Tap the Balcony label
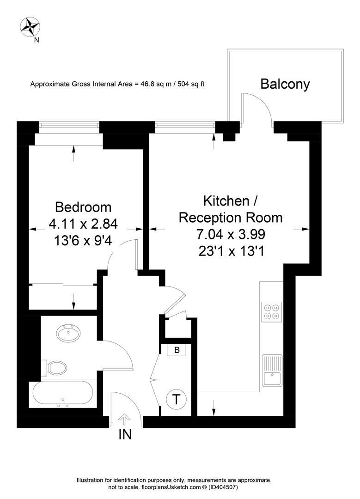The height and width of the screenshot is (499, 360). pyautogui.click(x=285, y=84)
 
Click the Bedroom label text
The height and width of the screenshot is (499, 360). pyautogui.click(x=83, y=207)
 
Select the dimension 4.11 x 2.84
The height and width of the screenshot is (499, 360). pyautogui.click(x=83, y=224)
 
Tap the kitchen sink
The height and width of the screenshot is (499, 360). pyautogui.click(x=272, y=370)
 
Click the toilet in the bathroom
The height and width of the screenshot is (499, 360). pyautogui.click(x=55, y=368)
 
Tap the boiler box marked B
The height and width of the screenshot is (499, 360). pyautogui.click(x=177, y=350)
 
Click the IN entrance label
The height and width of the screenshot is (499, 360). pyautogui.click(x=125, y=434)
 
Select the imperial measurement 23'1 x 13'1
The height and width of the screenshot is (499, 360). pyautogui.click(x=231, y=252)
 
